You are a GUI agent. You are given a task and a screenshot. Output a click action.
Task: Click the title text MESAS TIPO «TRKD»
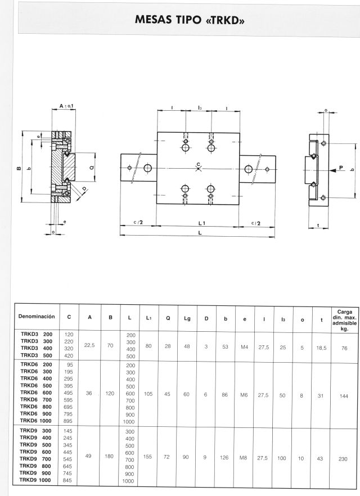(190, 20)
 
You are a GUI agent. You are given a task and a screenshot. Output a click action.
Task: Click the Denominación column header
(37, 316)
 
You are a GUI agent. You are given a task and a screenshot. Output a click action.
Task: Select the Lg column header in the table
(187, 318)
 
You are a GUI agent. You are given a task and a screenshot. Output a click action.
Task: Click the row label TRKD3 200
(37, 334)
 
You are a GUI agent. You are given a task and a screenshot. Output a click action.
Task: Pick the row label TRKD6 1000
(35, 421)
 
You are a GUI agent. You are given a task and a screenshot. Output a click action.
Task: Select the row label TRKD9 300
(35, 431)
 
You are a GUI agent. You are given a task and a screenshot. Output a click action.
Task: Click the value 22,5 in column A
(89, 345)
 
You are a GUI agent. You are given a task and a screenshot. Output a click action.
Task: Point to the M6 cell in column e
(244, 395)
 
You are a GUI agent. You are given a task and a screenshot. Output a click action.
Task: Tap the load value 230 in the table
(343, 459)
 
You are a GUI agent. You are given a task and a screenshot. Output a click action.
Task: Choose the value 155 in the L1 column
(148, 457)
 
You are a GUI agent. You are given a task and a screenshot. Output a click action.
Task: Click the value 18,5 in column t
(321, 348)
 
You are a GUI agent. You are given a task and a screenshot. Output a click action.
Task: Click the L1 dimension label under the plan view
(202, 223)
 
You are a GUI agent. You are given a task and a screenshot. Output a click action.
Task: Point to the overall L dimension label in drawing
(200, 232)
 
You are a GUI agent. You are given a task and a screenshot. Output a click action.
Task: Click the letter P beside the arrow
(341, 168)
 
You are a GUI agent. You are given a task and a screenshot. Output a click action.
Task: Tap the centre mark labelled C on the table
(199, 168)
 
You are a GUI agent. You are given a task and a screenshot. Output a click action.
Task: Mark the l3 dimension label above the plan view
(200, 108)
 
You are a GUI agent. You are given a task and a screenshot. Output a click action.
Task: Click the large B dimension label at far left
(19, 168)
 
